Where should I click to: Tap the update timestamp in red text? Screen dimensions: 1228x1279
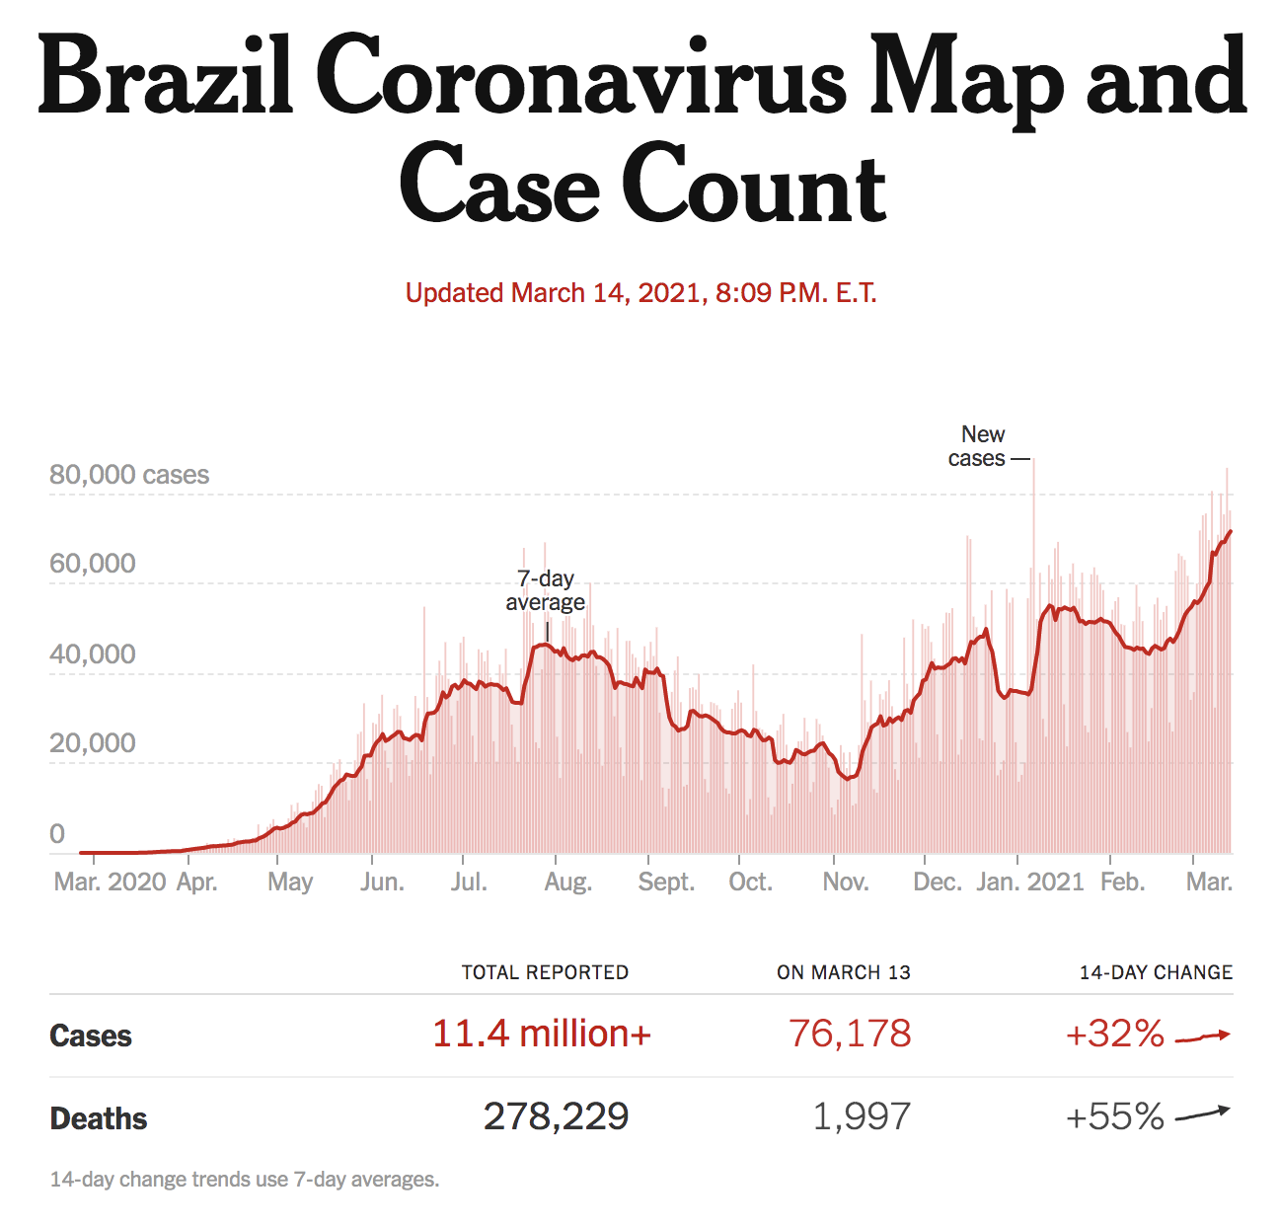pyautogui.click(x=640, y=293)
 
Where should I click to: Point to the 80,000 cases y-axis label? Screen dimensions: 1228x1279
pyautogui.click(x=129, y=475)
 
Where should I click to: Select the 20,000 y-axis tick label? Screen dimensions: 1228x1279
pyautogui.click(x=93, y=743)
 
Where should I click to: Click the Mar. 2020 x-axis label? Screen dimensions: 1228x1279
pyautogui.click(x=110, y=882)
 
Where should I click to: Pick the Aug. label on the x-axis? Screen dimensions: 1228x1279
pyautogui.click(x=567, y=882)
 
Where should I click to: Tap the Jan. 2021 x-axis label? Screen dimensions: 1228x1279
pyautogui.click(x=1029, y=882)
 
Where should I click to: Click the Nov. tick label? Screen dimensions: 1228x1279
pyautogui.click(x=845, y=882)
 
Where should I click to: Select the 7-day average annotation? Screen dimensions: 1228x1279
pyautogui.click(x=545, y=590)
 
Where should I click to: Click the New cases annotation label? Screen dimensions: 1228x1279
pyautogui.click(x=979, y=446)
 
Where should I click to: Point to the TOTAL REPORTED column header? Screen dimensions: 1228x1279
pyautogui.click(x=545, y=972)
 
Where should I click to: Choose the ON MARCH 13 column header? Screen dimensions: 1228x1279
pyautogui.click(x=843, y=972)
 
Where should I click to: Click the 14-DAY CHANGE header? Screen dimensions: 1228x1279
pyautogui.click(x=1156, y=972)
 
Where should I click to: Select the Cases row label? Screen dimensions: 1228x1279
pyautogui.click(x=91, y=1036)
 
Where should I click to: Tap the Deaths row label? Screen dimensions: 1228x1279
pyautogui.click(x=99, y=1118)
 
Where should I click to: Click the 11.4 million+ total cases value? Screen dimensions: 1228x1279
pyautogui.click(x=542, y=1034)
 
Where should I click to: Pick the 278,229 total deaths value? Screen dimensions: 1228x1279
pyautogui.click(x=556, y=1116)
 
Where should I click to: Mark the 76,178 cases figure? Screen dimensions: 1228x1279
pyautogui.click(x=850, y=1034)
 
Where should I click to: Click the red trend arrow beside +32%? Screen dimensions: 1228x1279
pyautogui.click(x=1203, y=1036)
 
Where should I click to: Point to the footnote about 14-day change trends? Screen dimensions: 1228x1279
pyautogui.click(x=245, y=1180)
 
